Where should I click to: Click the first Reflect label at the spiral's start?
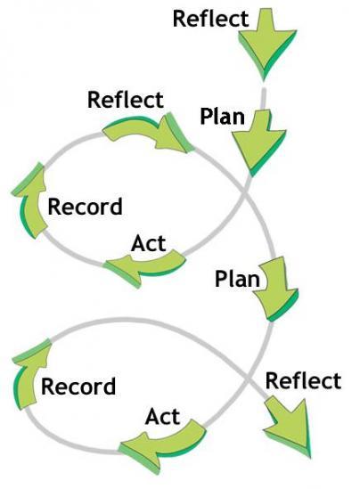pyautogui.click(x=211, y=19)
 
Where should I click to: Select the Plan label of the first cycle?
pyautogui.click(x=222, y=117)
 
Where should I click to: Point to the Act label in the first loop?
pyautogui.click(x=149, y=243)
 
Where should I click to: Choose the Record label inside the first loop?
pyautogui.click(x=85, y=207)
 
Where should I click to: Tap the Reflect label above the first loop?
pyautogui.click(x=126, y=100)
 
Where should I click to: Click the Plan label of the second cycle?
pyautogui.click(x=237, y=279)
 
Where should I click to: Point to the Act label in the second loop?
pyautogui.click(x=162, y=417)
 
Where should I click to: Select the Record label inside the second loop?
pyautogui.click(x=78, y=386)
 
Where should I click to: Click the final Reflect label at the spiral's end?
pyautogui.click(x=304, y=381)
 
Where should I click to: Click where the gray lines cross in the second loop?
pyautogui.click(x=248, y=379)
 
